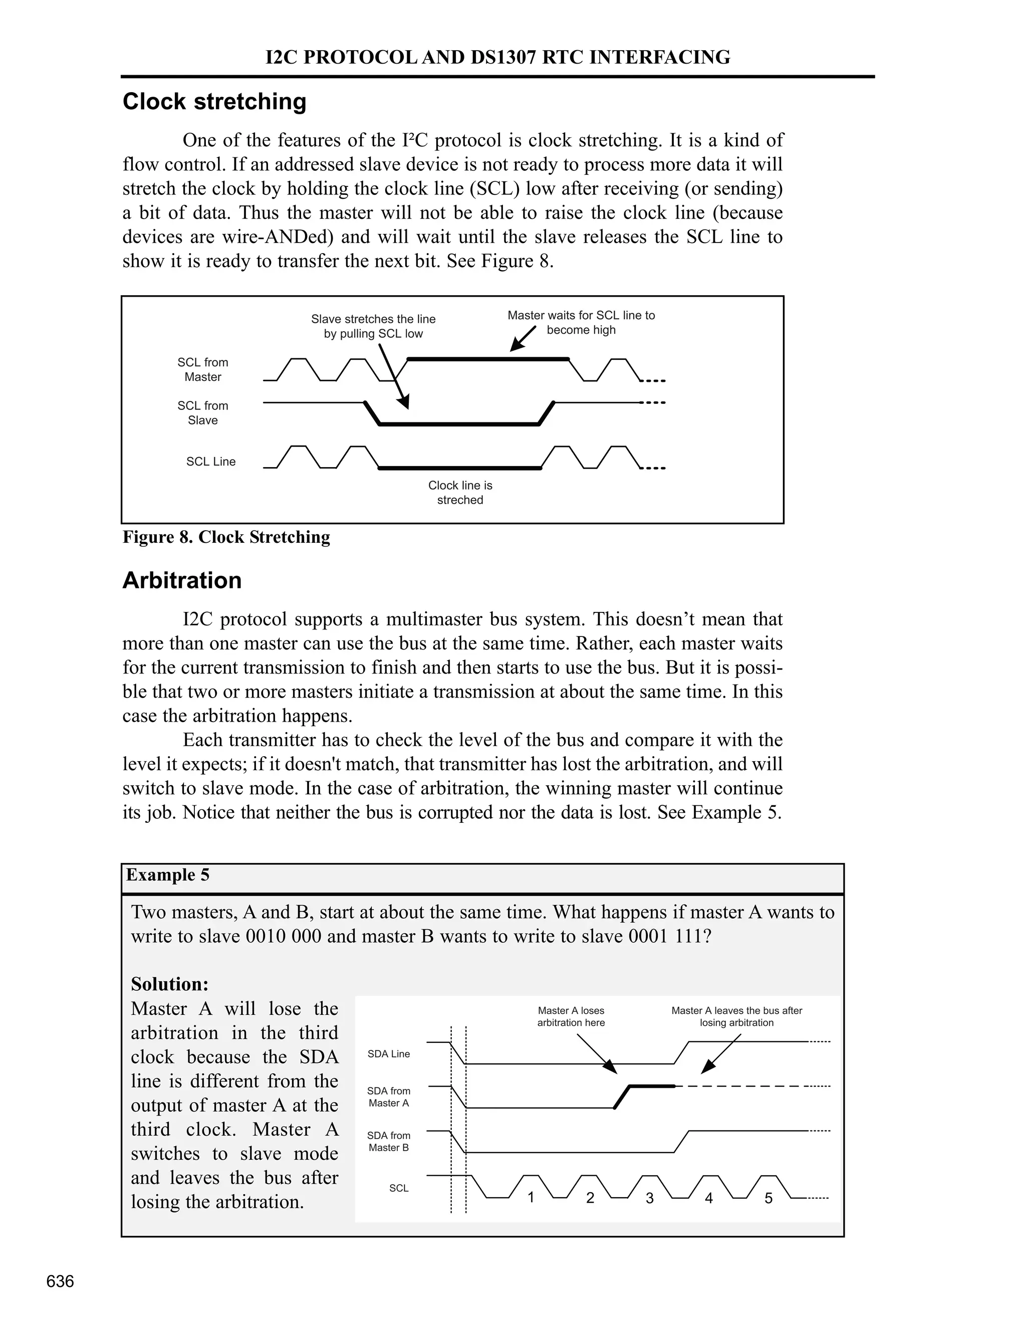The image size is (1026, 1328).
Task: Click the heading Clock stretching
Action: pos(214,102)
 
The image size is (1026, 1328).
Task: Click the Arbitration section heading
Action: pos(182,581)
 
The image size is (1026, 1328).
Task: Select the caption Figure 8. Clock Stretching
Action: pos(226,537)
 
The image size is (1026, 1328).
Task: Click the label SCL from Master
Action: pos(202,370)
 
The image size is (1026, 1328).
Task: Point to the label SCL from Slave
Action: pos(202,413)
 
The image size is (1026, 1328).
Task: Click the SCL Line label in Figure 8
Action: pos(210,462)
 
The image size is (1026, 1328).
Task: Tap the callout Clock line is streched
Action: pos(460,493)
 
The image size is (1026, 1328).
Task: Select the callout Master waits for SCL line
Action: pos(581,322)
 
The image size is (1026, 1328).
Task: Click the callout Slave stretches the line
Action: pos(373,327)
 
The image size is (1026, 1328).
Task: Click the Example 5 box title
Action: pos(168,875)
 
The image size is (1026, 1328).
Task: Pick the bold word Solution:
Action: pos(170,984)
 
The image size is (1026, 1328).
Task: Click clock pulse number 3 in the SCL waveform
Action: pos(649,1198)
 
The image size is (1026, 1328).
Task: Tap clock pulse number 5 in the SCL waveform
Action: pos(768,1198)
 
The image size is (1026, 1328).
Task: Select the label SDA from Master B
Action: pos(388,1141)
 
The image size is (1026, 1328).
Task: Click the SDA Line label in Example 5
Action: pos(388,1054)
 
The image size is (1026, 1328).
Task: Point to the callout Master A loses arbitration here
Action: pos(571,1017)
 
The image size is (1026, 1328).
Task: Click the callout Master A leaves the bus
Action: pos(736,1017)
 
